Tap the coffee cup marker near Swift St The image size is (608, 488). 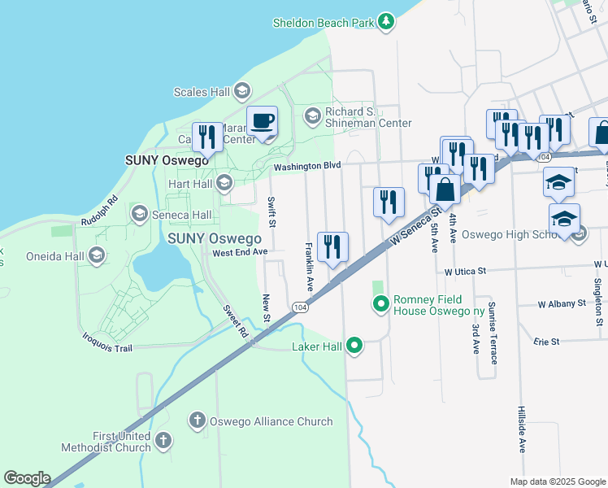(262, 123)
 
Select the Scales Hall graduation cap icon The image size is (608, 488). (242, 92)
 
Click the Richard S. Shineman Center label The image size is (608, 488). (367, 117)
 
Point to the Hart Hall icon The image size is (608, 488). (225, 184)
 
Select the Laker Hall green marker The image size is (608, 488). (354, 346)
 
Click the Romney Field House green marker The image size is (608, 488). (380, 305)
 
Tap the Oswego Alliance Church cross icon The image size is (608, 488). (197, 420)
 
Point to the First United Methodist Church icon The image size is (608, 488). (163, 441)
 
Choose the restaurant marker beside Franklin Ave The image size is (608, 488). (332, 247)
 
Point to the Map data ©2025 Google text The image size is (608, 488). (557, 481)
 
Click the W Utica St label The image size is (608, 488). (464, 270)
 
